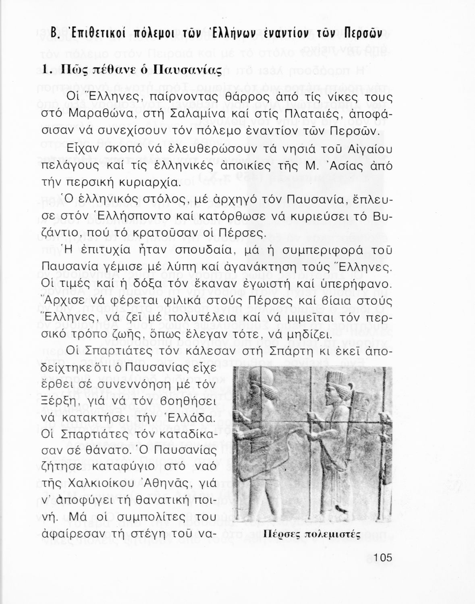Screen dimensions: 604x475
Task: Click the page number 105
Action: pyautogui.click(x=382, y=558)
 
